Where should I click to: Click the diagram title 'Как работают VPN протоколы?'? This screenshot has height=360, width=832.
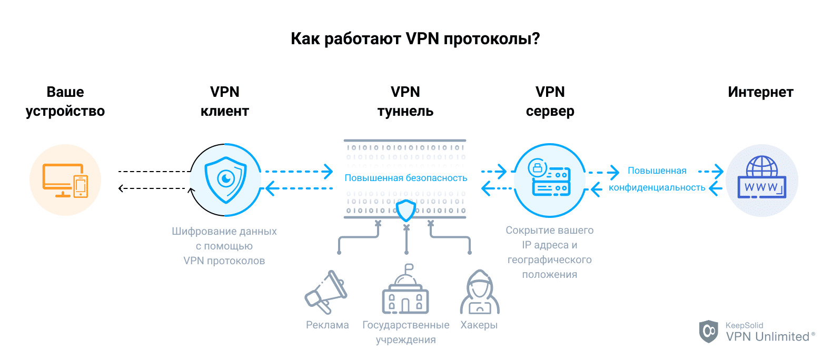click(x=415, y=39)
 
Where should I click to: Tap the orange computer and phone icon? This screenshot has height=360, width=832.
click(x=65, y=180)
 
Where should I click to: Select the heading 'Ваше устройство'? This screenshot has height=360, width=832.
click(x=65, y=102)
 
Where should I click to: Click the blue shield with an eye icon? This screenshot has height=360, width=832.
click(x=226, y=180)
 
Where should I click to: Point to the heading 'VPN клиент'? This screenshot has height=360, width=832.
click(x=225, y=102)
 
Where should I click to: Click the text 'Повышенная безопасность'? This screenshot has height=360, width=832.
click(x=405, y=178)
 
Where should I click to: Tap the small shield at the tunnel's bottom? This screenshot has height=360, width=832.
click(x=406, y=210)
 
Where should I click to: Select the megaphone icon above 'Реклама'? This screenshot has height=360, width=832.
click(x=326, y=293)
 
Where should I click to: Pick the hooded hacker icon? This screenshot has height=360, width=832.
click(x=479, y=293)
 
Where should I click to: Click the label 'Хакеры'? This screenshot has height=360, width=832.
click(x=479, y=325)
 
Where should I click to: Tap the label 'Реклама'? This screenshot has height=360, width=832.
click(x=328, y=325)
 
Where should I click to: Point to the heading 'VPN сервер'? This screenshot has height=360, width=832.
click(x=550, y=102)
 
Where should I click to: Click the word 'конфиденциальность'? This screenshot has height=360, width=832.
click(x=657, y=188)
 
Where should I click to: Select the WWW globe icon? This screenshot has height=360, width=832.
click(x=761, y=179)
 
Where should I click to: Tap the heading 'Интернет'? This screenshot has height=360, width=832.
click(x=760, y=92)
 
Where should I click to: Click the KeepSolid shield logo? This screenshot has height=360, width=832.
click(x=709, y=332)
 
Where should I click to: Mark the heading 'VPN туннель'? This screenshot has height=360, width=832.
click(x=405, y=102)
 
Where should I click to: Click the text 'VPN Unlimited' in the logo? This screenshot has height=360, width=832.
click(x=767, y=337)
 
